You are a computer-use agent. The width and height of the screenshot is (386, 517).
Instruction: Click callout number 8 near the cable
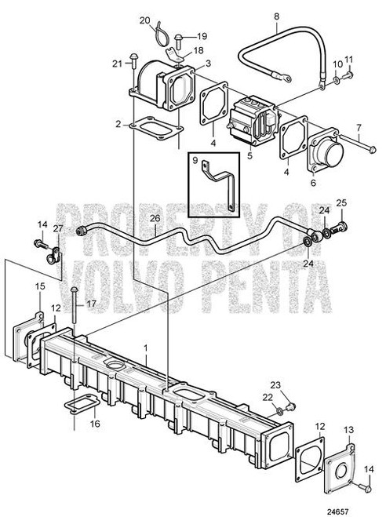click(x=276, y=16)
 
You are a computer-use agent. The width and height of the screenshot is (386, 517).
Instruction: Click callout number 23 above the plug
click(x=297, y=384)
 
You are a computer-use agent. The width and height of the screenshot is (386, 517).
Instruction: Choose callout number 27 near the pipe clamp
click(x=59, y=228)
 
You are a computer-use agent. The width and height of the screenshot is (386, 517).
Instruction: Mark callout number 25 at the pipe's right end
click(x=340, y=203)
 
